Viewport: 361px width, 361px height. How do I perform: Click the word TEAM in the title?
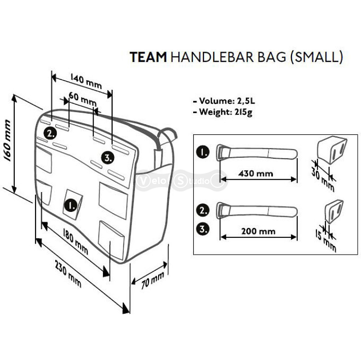tap(148, 57)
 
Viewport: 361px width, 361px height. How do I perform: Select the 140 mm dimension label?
tap(86, 81)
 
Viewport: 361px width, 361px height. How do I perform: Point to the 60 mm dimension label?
tap(82, 99)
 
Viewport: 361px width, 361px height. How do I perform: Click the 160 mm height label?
tap(7, 140)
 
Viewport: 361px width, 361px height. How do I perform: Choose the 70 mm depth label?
tap(152, 280)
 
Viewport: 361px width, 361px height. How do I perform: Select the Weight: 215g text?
tap(223, 112)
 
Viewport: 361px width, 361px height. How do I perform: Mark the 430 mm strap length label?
tap(256, 173)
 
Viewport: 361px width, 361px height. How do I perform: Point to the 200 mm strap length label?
tap(258, 231)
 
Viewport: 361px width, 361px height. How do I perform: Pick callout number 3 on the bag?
tap(108, 158)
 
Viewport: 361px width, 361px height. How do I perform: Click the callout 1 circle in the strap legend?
tap(203, 152)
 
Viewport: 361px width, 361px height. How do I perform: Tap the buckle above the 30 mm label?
tap(332, 149)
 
